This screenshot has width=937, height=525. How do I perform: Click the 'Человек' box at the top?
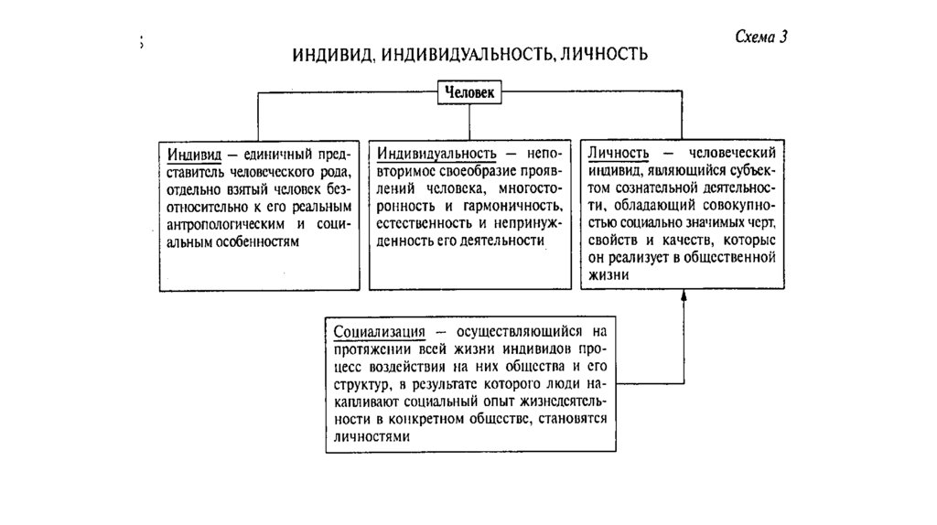[469, 92]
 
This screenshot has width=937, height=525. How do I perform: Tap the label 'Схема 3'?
[761, 37]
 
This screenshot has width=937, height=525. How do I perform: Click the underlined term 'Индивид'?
[191, 153]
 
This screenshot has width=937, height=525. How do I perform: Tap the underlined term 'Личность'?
[619, 153]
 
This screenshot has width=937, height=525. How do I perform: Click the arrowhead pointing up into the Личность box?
[683, 296]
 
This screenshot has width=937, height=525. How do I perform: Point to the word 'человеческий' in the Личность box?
[734, 153]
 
